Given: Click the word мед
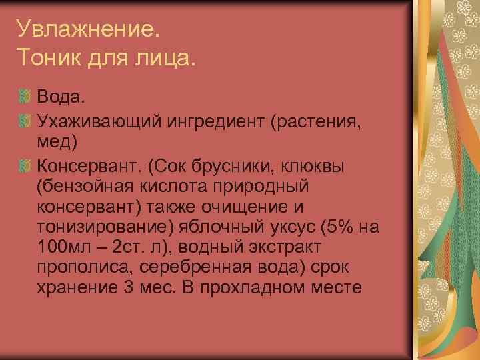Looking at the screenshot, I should (x=57, y=143).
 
